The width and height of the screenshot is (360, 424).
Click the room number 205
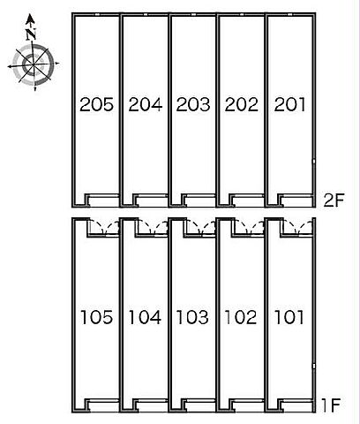96,104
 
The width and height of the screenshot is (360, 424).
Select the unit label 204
146,104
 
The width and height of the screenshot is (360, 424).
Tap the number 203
193,104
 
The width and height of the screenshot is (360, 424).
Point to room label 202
242,104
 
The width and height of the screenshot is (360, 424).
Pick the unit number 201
289,104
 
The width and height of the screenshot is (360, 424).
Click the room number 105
96,317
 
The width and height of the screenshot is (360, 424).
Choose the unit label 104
145,317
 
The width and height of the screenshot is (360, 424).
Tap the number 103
193,317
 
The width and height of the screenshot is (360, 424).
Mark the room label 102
241,317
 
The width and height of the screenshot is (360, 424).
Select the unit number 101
289,317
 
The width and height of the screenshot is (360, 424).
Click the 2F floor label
334,201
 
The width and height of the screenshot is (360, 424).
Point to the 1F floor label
331,405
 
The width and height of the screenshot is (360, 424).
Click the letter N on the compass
31,34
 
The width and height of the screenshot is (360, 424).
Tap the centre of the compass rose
34,64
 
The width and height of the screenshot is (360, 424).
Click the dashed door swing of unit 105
104,227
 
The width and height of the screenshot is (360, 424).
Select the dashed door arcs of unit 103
200,227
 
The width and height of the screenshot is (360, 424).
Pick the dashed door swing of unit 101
297,227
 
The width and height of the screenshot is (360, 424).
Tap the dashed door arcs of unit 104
153,227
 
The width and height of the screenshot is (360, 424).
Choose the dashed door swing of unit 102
249,227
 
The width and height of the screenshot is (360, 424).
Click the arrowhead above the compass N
29,19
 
